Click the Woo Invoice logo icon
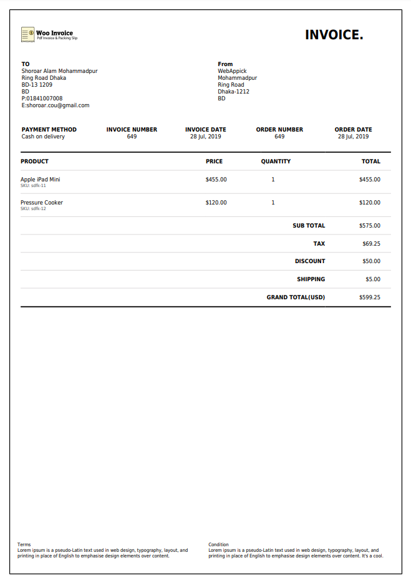27,34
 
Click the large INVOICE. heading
334,35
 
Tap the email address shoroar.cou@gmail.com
58,105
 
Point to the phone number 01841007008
44,99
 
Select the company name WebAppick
232,71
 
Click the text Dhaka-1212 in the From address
233,92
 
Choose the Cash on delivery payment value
43,137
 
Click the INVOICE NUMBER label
132,130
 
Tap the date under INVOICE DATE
206,137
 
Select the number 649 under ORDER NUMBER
279,137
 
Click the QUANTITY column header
276,161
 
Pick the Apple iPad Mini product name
40,180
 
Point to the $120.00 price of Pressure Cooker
216,203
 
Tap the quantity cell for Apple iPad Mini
273,180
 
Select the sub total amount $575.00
370,226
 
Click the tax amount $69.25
371,244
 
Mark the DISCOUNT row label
310,261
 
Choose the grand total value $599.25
370,297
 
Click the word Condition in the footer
218,544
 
